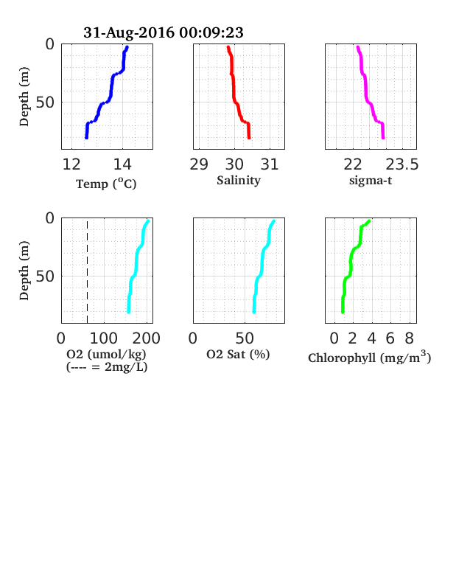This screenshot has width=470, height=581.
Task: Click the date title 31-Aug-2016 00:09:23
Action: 164,32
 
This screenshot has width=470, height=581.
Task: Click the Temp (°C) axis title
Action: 106,184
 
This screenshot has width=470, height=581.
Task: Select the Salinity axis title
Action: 239,181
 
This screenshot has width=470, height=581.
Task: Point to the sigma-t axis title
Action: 371,181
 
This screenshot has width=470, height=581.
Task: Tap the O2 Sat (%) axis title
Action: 238,355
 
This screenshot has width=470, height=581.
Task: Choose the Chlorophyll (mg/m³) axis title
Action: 370,357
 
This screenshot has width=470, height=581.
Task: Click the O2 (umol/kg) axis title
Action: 107,354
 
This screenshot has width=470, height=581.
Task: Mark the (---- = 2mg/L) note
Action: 107,367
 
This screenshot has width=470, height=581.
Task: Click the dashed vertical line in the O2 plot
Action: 88,272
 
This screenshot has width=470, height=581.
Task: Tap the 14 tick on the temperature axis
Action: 122,164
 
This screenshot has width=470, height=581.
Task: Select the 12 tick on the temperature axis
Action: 71,164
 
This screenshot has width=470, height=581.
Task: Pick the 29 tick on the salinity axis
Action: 199,164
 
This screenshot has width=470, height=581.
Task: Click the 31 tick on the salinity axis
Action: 270,164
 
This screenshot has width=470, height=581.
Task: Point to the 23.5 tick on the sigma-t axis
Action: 402,164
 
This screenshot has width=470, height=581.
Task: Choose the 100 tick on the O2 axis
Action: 104,338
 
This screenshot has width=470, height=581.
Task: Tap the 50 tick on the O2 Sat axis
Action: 245,338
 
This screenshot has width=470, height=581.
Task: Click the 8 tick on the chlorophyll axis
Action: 409,338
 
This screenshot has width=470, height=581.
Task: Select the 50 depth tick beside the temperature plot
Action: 45,102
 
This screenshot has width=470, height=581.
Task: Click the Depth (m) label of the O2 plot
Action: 24,271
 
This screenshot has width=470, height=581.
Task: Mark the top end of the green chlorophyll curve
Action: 369,221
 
